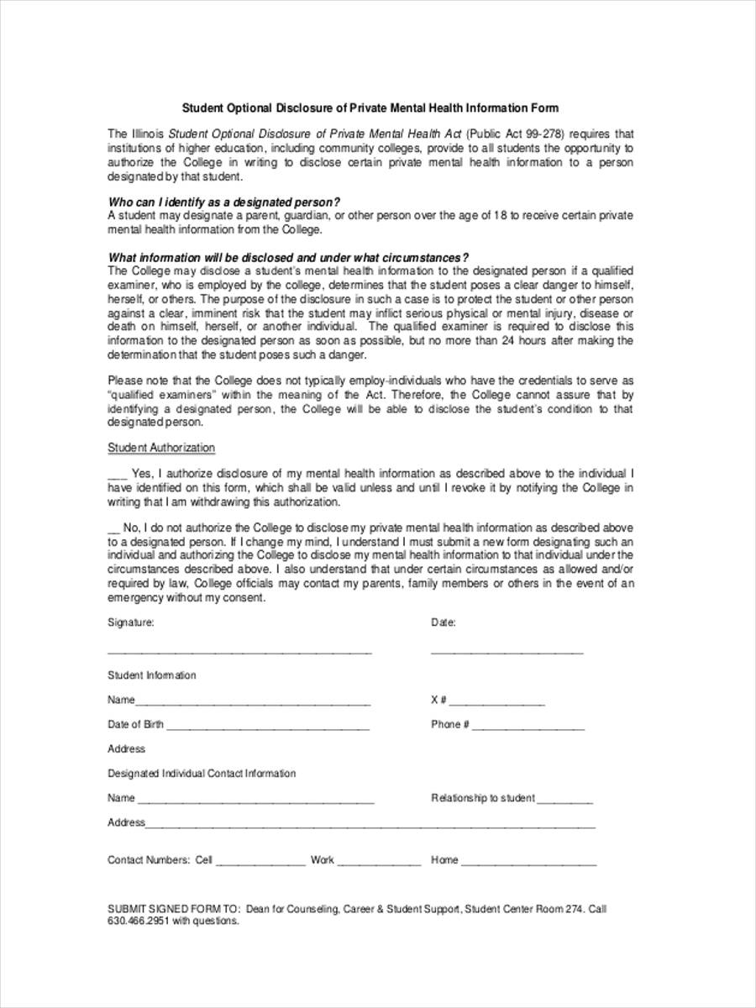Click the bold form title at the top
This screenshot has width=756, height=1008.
(370, 108)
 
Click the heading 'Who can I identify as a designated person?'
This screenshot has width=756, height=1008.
(224, 202)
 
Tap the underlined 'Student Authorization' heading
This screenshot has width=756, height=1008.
(161, 448)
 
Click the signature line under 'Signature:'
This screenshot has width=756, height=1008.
(239, 652)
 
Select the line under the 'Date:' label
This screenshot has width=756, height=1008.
(507, 652)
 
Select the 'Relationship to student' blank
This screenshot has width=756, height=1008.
(564, 801)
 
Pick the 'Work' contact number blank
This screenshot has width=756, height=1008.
(379, 864)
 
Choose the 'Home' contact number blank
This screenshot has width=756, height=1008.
(528, 864)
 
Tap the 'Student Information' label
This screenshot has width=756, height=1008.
(152, 675)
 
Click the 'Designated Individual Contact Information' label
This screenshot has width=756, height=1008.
(202, 774)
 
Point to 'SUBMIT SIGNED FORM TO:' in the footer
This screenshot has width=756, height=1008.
(174, 909)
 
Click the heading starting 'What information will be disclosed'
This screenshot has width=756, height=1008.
(289, 258)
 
